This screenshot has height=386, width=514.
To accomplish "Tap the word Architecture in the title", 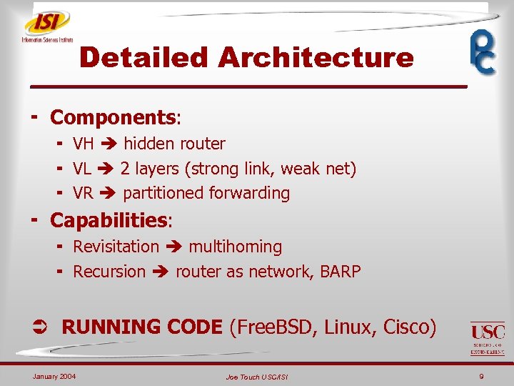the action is coord(316,57).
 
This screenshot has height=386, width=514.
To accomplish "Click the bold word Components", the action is coord(113,117).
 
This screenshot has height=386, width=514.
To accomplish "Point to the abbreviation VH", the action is coord(84,144).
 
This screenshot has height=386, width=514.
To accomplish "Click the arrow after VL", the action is coord(107,169).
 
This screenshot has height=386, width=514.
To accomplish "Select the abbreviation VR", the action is coord(84,193).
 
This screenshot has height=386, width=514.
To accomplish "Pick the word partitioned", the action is coord(163,193).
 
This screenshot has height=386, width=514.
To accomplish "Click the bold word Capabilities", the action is coord(109,220).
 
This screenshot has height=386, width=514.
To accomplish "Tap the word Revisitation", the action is coord(116,247).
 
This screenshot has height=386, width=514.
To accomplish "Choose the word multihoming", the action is coord(235,247).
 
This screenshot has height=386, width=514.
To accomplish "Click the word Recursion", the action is coord(109,272).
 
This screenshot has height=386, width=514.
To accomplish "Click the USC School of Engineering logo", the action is coord(488,338).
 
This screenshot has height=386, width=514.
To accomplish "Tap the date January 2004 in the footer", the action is coord(54,376).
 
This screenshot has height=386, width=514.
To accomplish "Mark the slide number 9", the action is coord(482,376).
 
